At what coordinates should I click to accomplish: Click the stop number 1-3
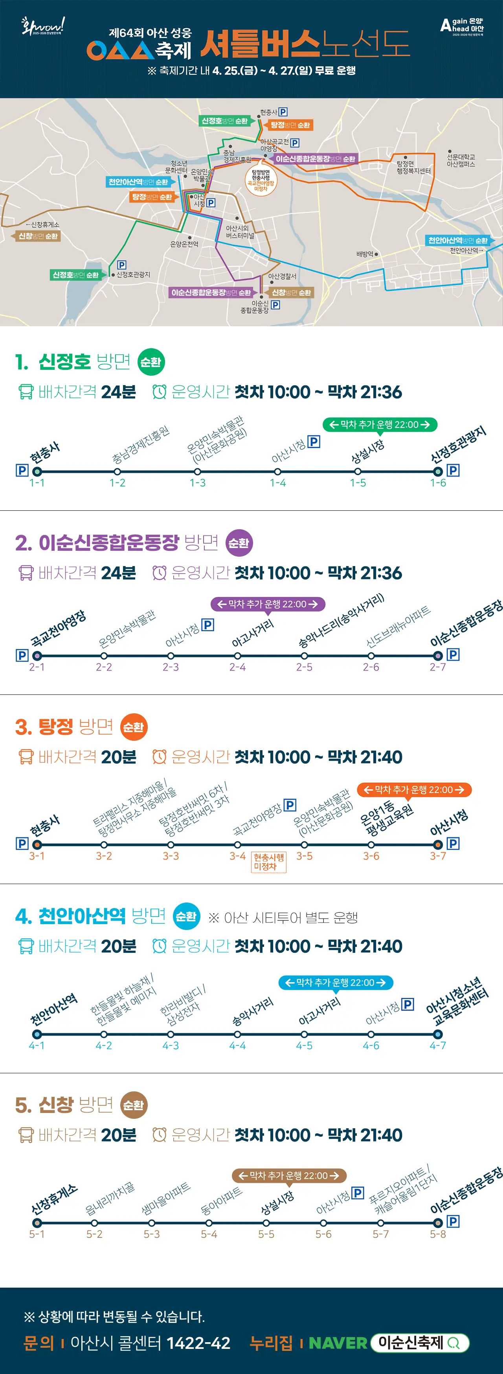tap(198, 483)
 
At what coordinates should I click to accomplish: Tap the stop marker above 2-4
tap(238, 656)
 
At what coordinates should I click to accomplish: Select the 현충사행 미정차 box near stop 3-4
tap(268, 861)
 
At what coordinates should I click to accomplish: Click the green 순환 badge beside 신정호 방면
tap(151, 362)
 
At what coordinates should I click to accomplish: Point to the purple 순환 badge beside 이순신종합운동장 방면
tap(239, 543)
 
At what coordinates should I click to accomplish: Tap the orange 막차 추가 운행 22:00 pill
tap(414, 790)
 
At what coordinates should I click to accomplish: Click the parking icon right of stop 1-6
tap(453, 470)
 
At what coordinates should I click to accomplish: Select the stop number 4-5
tap(305, 1045)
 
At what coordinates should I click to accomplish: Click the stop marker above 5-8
tap(438, 1222)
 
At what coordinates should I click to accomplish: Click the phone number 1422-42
tap(198, 1343)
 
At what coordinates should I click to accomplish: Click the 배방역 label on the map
tap(366, 254)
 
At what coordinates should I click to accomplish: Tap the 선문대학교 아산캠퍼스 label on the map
tap(461, 161)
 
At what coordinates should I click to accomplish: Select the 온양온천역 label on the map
tap(184, 244)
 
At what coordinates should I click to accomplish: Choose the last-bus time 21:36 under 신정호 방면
tap(381, 393)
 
